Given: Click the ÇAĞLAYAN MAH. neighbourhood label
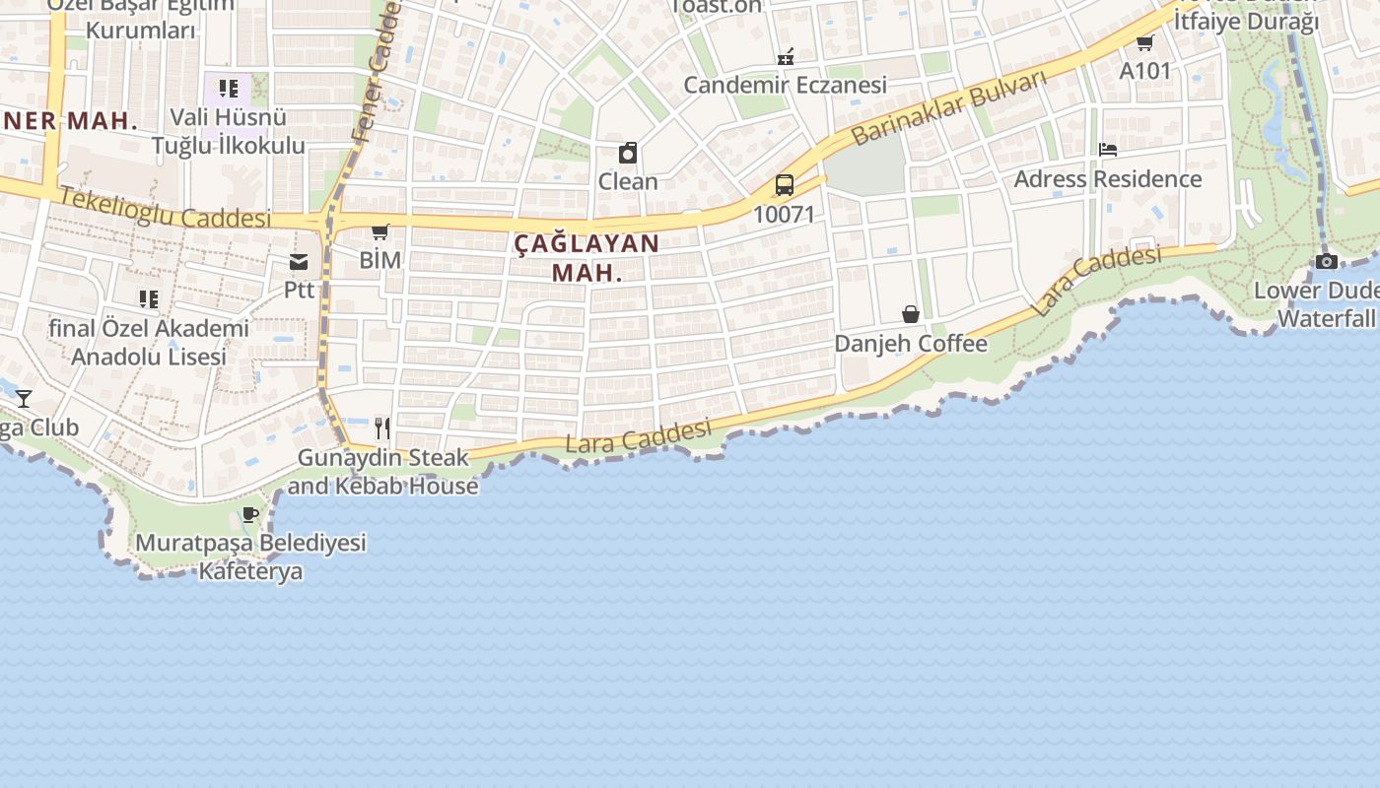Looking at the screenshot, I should click(x=586, y=257).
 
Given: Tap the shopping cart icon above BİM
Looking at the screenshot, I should click(x=379, y=232).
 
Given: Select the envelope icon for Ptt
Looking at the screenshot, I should click(x=299, y=262).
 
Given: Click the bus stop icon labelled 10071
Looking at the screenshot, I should click(x=785, y=184).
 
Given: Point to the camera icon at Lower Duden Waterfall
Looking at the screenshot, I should click(x=1327, y=261).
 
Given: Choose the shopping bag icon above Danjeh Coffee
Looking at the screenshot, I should click(x=911, y=314).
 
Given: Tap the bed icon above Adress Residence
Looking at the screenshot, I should click(x=1108, y=150).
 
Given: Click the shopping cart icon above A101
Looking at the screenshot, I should click(x=1144, y=42).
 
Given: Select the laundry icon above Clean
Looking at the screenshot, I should click(x=628, y=153).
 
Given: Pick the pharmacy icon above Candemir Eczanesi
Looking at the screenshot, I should click(x=786, y=56).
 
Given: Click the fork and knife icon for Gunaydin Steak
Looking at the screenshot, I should click(x=382, y=428).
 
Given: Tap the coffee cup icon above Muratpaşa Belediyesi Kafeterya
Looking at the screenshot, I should click(x=250, y=514).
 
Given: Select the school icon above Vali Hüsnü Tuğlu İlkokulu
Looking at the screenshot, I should click(x=229, y=89).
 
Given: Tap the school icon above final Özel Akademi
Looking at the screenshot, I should click(x=149, y=298).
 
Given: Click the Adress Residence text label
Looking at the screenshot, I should click(x=1108, y=179).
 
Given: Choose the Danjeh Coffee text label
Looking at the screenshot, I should click(x=911, y=344).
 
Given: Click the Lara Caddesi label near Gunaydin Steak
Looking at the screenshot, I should click(x=638, y=436).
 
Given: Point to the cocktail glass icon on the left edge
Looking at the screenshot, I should click(x=24, y=399).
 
